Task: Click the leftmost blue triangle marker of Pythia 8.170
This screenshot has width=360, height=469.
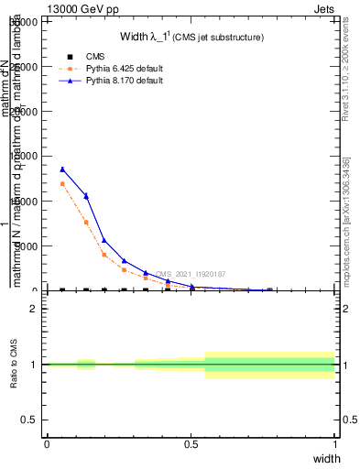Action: [62, 169]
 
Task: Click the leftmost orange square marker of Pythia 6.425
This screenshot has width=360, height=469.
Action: [62, 184]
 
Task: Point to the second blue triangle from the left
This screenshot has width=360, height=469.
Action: [86, 196]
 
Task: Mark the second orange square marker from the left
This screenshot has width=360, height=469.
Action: [86, 223]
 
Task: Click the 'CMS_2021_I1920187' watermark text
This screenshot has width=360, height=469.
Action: [191, 274]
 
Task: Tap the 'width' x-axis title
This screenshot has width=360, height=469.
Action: [327, 457]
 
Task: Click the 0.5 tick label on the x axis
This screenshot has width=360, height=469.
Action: [191, 443]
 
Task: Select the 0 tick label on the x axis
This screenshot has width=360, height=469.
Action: [47, 443]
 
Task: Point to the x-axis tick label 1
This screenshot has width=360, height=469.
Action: [334, 443]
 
